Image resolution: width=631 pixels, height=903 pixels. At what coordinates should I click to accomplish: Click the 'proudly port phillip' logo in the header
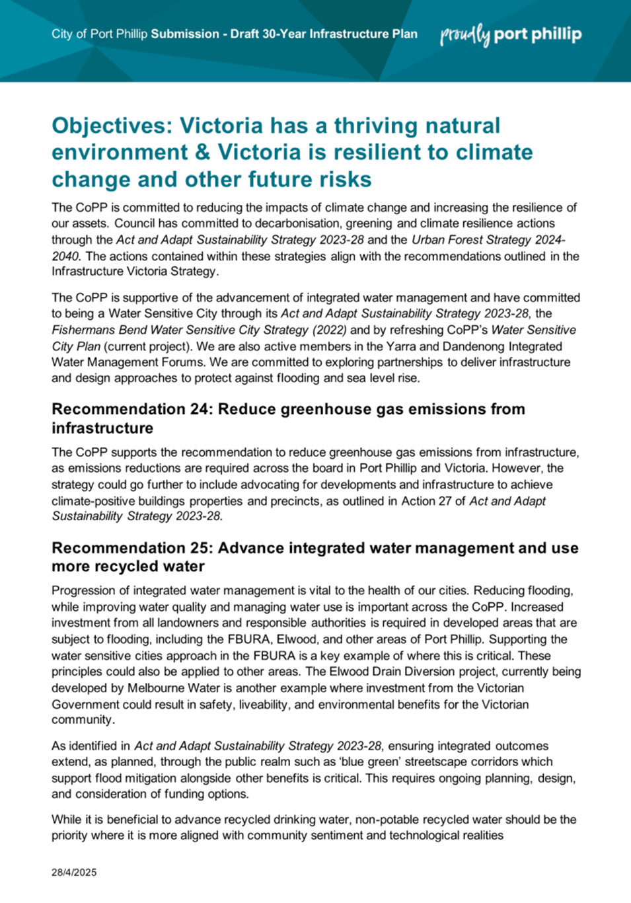511,35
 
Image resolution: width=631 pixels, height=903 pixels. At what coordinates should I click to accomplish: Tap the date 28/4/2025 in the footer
74,873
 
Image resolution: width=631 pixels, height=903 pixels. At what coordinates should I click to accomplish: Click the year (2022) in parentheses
328,330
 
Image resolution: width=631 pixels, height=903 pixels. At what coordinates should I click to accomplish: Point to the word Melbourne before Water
156,688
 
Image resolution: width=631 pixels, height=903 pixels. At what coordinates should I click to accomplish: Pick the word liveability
262,705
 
